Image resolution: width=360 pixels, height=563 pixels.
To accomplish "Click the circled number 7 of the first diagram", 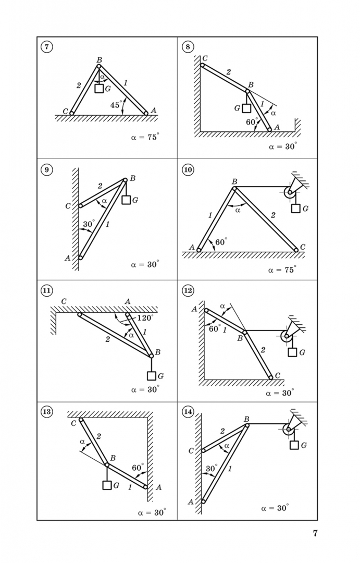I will [47, 47].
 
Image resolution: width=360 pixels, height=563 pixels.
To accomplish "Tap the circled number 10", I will [188, 169].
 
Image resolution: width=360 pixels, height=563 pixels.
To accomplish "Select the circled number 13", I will [47, 412].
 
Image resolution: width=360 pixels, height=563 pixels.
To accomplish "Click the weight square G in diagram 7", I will [99, 88].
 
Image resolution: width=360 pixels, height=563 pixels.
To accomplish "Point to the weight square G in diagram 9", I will [126, 200].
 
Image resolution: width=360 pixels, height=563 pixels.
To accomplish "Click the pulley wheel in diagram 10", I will [290, 193].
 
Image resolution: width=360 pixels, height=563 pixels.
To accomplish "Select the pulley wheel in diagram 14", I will [288, 430].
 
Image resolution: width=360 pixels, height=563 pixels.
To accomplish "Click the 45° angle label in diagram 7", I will [116, 105].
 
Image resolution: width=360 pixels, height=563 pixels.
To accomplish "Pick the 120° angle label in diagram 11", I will [145, 317].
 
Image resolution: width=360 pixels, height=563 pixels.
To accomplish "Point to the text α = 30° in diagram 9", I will [145, 264].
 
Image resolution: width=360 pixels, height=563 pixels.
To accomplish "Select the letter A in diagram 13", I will [158, 487].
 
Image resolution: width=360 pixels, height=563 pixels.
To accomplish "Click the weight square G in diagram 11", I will [151, 376].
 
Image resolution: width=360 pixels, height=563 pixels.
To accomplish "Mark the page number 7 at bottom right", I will [315, 533].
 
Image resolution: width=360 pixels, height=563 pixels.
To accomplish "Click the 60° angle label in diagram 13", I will [138, 468].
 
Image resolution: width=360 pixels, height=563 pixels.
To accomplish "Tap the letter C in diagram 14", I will [191, 450].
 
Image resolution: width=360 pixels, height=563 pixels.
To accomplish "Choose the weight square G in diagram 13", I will [107, 485].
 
